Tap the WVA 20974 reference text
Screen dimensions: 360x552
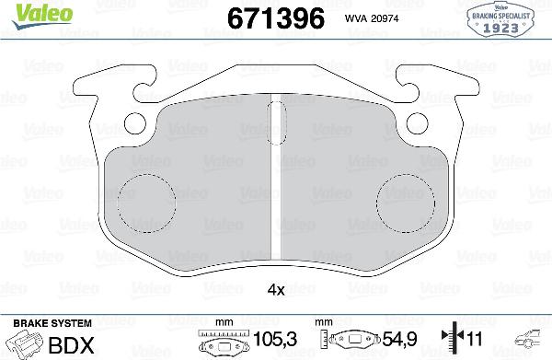coord(372,17)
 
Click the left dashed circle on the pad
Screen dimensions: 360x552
coord(147,200)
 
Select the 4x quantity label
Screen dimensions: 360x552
coord(275,288)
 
